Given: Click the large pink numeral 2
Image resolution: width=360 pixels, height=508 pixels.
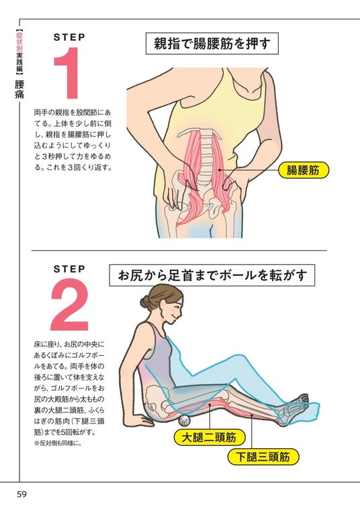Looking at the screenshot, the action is (x=69, y=304).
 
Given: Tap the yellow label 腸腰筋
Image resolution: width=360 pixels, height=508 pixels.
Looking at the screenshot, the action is (x=303, y=170).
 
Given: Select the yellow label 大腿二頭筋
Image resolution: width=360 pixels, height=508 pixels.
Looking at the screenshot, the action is (x=209, y=438).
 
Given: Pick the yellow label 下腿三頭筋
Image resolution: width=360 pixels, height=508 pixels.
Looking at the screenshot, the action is (x=263, y=457).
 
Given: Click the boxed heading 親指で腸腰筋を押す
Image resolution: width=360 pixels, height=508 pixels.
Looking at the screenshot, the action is (x=212, y=44).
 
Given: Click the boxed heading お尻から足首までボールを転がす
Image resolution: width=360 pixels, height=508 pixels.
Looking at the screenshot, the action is (x=212, y=275).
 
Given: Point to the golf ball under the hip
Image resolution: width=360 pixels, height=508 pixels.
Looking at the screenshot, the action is (x=184, y=420).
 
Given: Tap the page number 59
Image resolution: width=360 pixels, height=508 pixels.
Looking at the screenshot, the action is (x=21, y=494).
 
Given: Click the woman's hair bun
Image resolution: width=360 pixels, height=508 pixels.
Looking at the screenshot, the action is (x=145, y=302).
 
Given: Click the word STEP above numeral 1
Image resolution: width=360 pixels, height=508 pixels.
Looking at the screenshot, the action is (x=69, y=38).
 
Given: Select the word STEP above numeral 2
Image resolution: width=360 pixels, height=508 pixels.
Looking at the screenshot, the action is (x=69, y=269).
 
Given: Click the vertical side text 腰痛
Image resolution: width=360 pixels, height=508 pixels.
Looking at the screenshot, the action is (x=19, y=89).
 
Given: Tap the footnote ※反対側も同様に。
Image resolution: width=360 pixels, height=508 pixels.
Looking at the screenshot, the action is (x=58, y=444).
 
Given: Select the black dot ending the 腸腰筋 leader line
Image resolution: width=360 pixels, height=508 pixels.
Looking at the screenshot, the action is (x=220, y=170).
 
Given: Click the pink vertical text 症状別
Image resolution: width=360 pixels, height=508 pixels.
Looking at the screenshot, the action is (x=19, y=42).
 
